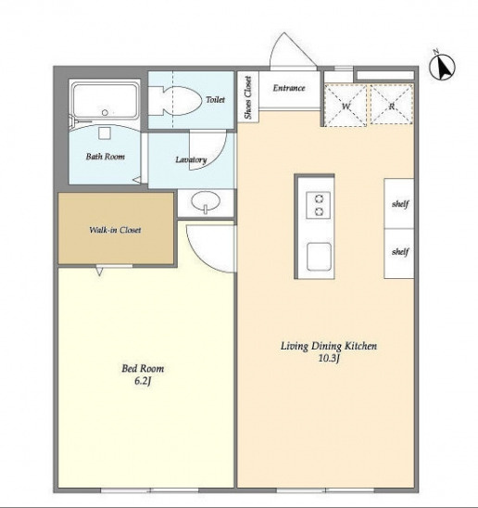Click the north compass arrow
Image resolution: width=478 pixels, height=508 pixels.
point(443,67)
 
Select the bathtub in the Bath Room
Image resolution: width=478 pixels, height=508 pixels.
point(106,100)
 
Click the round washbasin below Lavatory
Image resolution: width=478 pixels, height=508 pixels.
point(206,201)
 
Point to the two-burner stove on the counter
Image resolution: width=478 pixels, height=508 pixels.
point(319,205)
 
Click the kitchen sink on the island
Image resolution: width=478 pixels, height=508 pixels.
point(319,257)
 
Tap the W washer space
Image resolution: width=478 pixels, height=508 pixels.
point(346,105)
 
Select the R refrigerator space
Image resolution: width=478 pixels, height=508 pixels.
point(392,105)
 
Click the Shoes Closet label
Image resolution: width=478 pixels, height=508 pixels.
point(247,97)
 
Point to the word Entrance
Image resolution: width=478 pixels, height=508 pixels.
point(289,88)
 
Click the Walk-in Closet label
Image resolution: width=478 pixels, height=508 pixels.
point(115,230)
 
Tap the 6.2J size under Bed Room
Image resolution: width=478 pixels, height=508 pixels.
point(143,381)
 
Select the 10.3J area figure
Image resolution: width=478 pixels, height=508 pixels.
point(329,359)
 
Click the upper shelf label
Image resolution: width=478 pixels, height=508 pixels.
point(400,204)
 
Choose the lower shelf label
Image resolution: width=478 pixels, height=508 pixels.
point(400,251)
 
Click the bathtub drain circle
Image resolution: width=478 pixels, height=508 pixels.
point(105,113)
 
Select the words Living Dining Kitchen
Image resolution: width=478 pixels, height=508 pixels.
point(329,347)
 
